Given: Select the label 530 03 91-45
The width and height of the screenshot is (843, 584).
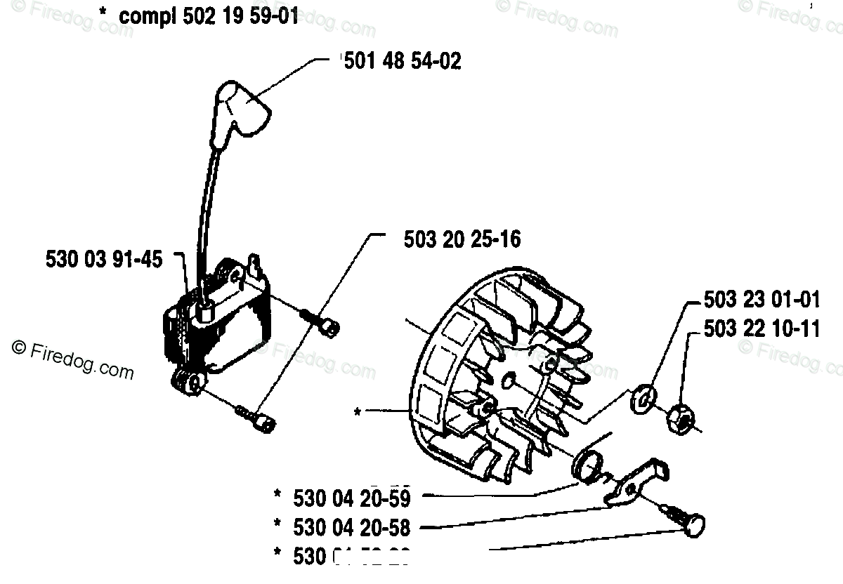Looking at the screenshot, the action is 104,260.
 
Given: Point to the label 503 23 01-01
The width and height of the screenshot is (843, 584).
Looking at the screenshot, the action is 762,300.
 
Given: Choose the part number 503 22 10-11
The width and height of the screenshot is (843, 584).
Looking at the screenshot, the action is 762,328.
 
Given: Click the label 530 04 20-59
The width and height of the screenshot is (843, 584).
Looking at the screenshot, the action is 350,498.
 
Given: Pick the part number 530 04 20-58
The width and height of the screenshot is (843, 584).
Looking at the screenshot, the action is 350,526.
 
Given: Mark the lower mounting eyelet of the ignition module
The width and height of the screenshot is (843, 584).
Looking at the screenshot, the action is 188,383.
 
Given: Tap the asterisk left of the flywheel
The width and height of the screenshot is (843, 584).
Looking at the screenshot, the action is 358,413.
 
